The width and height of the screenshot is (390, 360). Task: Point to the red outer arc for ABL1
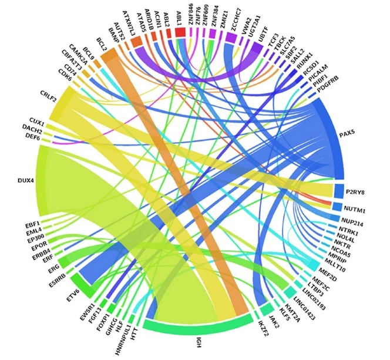click(180, 33)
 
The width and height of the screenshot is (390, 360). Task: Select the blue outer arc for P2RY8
click(338, 191)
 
